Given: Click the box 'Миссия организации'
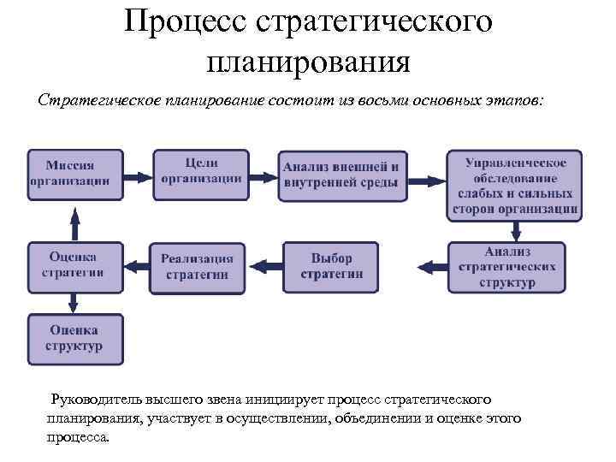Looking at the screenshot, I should [75, 173].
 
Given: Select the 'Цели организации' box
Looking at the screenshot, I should [200, 172].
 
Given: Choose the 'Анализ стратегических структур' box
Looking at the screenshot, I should [506, 267].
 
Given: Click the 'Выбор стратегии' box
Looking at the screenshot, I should [331, 267].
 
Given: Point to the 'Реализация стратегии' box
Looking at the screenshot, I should [197, 267].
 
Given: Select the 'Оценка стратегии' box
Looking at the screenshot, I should [75, 264].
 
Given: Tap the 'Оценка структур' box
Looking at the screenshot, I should [75, 339].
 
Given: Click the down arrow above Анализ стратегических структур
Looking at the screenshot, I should [516, 230].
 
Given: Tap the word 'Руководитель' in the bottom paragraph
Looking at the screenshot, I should [95, 400].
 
